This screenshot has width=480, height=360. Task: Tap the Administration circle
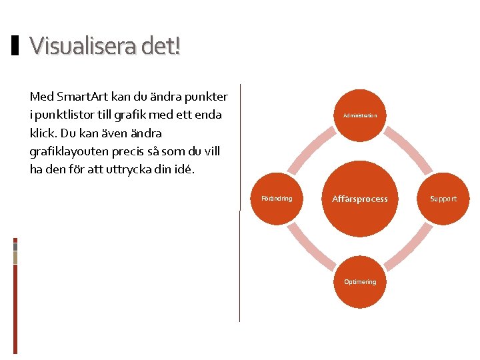[360, 115]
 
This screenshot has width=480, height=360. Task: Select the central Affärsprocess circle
[360, 199]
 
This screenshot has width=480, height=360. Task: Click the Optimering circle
[360, 281]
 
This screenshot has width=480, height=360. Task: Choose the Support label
[443, 199]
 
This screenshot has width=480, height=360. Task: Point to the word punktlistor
[67, 115]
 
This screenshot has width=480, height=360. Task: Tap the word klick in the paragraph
[42, 133]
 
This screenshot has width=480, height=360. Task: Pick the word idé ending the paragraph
[185, 169]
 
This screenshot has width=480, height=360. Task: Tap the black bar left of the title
[15, 46]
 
